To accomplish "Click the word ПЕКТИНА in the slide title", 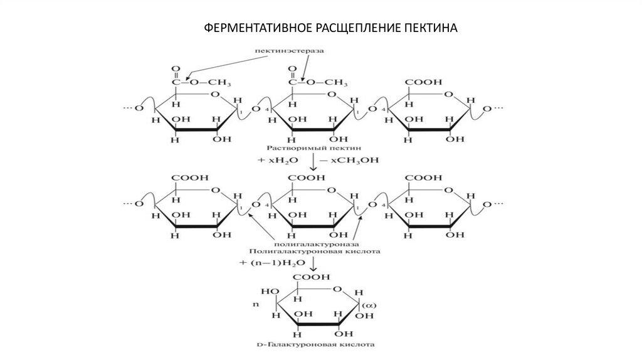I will tap(428, 29).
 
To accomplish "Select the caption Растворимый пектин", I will tap(310, 149).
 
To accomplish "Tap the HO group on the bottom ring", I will tap(270, 292).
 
